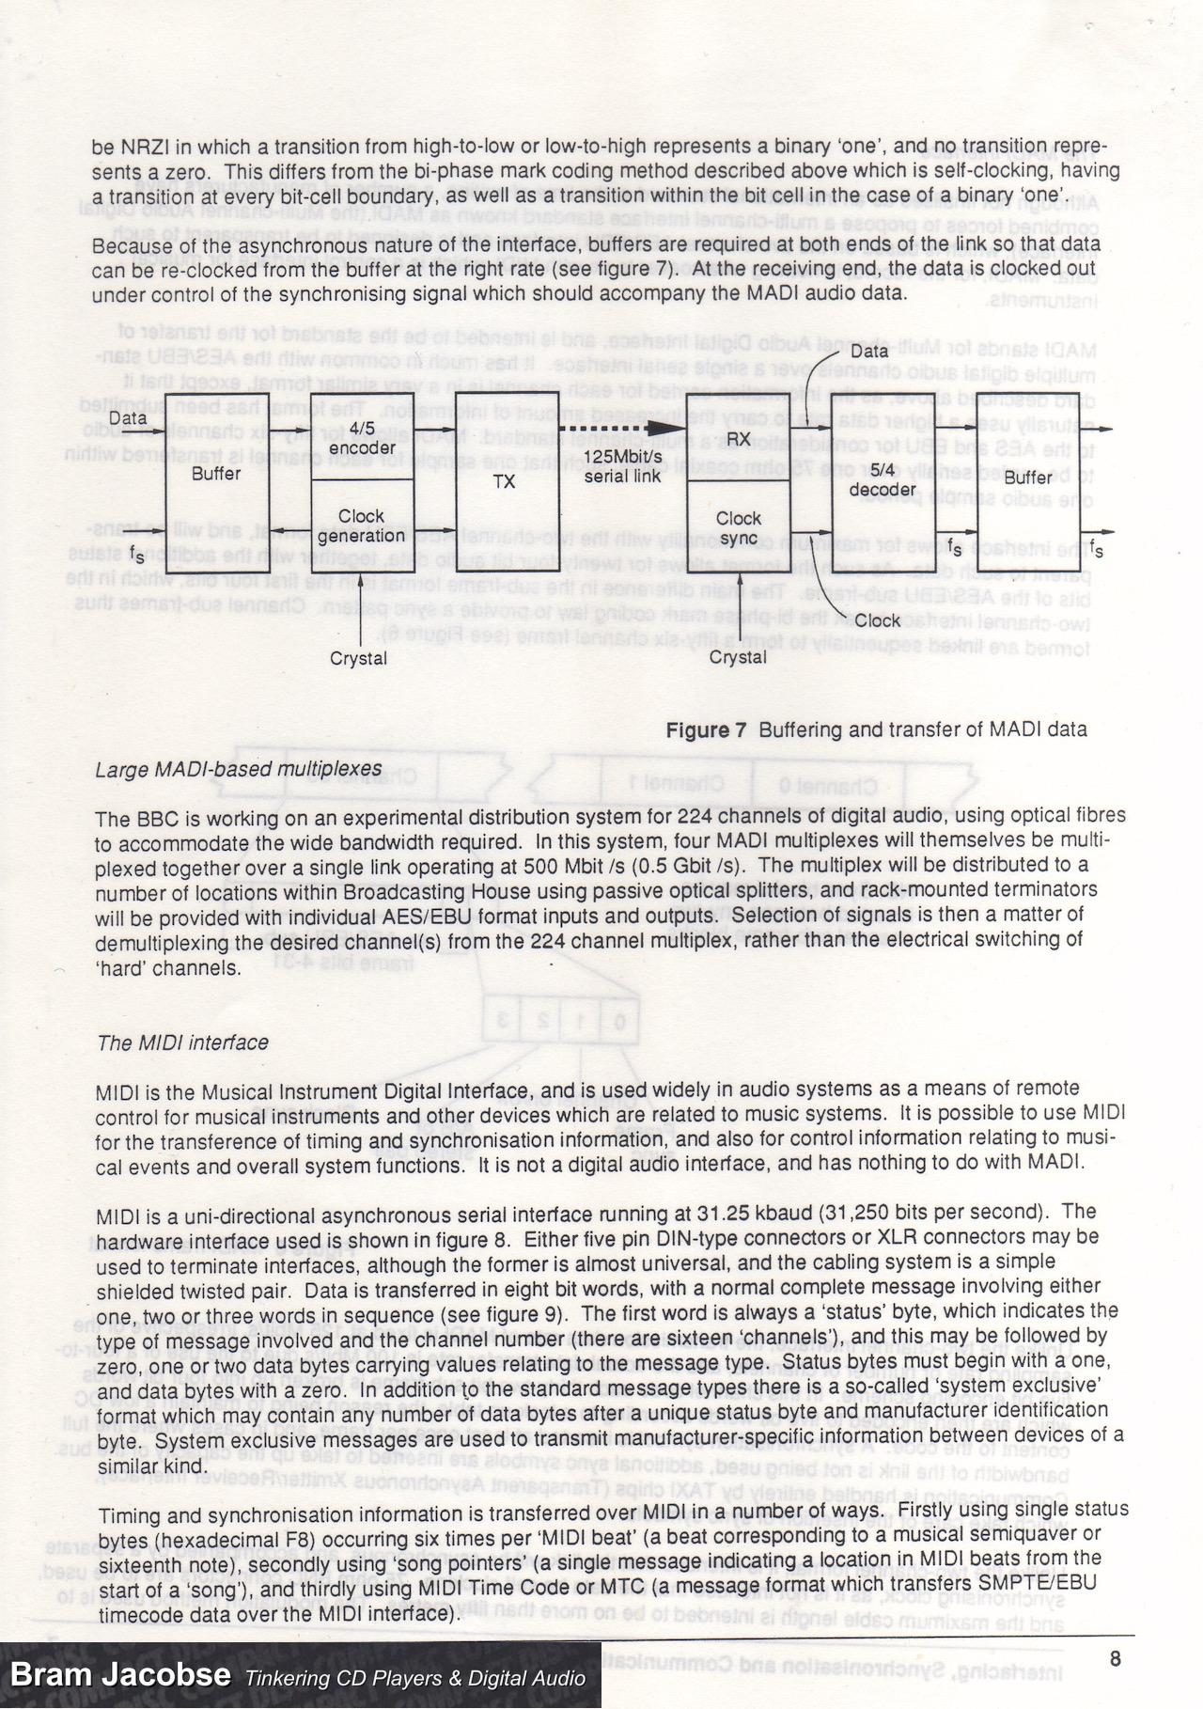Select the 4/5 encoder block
click(361, 438)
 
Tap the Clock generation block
click(361, 526)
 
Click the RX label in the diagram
click(738, 439)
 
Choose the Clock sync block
click(738, 528)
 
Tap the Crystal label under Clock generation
click(358, 659)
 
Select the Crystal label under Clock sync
click(738, 657)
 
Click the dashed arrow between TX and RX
click(622, 430)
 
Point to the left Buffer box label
click(216, 474)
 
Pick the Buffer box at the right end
click(1028, 479)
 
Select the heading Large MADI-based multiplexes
click(239, 770)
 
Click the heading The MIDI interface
click(182, 1043)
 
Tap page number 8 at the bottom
click(1115, 1658)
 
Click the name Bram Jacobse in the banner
click(120, 1674)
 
